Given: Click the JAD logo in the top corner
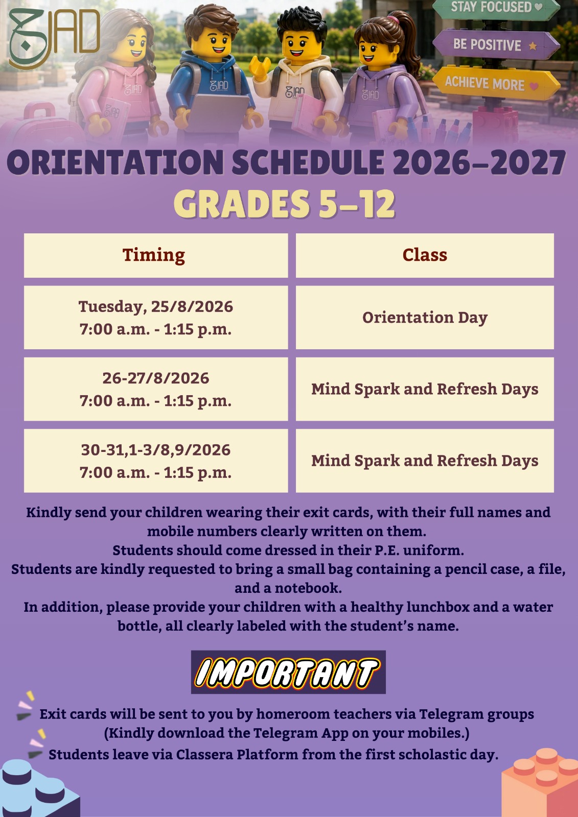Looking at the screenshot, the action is (54, 38).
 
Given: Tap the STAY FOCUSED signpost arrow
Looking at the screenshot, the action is (496, 8).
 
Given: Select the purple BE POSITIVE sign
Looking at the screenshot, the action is (496, 44).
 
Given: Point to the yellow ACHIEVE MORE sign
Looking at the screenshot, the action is (496, 83).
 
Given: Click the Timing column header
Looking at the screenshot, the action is (154, 255).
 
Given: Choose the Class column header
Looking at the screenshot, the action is (425, 255).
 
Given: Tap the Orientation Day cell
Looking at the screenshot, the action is (425, 317).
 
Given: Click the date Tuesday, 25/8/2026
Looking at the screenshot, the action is (156, 306).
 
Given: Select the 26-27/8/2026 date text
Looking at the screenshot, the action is (156, 378).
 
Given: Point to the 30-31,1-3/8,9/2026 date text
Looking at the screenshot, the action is (156, 450).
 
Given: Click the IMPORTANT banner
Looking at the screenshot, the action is (288, 672).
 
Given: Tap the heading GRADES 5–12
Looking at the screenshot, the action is (285, 204).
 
